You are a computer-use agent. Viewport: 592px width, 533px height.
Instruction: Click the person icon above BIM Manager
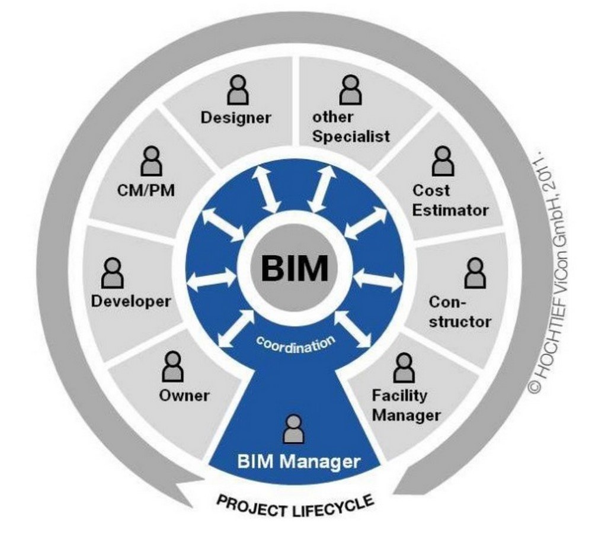294,429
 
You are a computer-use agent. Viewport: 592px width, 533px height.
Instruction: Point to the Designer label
236,118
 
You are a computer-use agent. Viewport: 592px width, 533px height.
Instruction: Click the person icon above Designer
238,90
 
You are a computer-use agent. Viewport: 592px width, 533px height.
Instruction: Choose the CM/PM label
146,190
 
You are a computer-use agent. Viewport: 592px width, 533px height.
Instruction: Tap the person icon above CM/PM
151,161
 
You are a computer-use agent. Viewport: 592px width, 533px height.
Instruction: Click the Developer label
130,301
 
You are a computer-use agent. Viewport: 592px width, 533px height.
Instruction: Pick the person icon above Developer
113,273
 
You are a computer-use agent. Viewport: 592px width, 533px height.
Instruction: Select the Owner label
184,396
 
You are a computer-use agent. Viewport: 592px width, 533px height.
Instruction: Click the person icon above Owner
173,366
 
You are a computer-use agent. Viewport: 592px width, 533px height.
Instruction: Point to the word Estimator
450,210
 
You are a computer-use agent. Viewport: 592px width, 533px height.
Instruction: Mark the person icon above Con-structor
475,273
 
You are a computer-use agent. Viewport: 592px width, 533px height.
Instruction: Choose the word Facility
399,396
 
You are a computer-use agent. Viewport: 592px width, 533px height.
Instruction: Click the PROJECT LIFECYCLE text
296,506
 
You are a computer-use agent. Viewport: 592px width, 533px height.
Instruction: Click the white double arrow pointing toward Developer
212,279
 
